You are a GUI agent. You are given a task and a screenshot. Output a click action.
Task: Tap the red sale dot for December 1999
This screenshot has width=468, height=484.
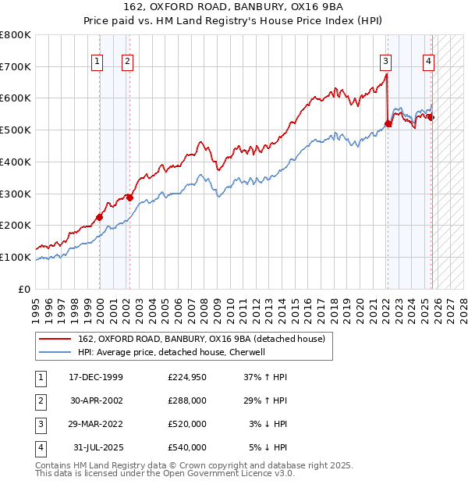point(99,217)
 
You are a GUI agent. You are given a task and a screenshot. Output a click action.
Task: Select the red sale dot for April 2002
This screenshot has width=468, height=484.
point(129,198)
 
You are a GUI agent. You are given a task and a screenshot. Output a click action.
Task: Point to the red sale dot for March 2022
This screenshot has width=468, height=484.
point(388,123)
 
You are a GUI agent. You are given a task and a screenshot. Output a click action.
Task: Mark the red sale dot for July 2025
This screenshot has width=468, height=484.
point(430,117)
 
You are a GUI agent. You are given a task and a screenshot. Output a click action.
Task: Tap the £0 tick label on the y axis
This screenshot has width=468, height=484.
point(24,289)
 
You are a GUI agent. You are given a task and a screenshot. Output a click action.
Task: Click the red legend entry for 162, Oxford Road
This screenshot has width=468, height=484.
point(206,338)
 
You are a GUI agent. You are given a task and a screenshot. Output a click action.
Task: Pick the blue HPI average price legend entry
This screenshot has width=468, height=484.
point(172,352)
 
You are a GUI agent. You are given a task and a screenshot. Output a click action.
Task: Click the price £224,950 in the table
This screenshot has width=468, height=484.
point(186,377)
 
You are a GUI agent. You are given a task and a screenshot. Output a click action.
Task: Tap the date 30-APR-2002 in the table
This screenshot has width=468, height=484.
point(95,400)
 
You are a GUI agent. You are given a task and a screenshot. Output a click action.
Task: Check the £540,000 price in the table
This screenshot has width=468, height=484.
point(186,447)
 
